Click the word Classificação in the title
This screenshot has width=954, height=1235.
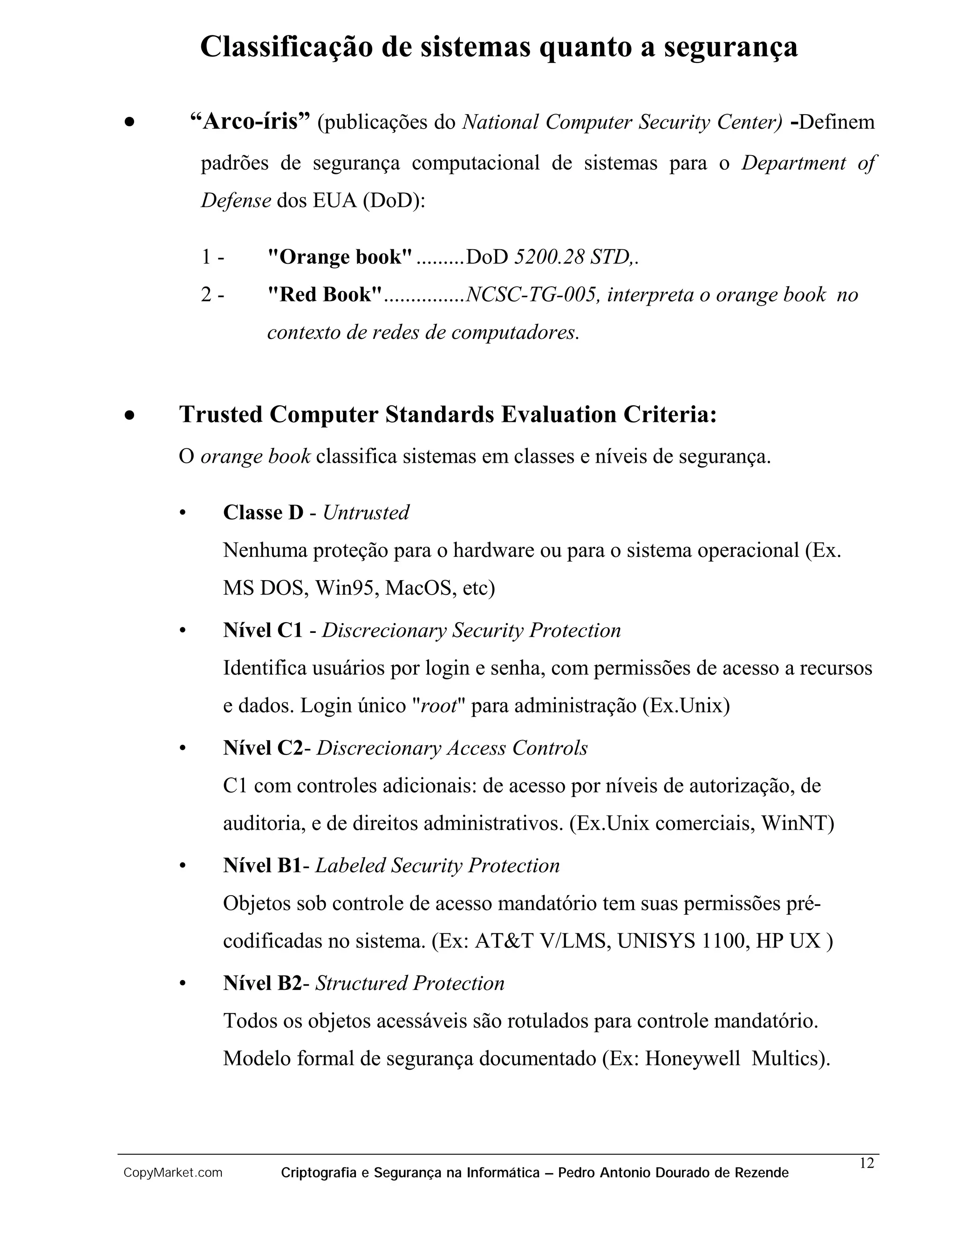click(286, 47)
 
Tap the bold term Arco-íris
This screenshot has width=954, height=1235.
click(250, 122)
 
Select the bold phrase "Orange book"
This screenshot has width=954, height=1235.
click(340, 257)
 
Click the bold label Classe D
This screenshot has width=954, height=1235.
click(263, 512)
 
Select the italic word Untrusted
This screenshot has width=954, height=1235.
click(366, 512)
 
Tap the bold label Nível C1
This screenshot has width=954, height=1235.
click(263, 630)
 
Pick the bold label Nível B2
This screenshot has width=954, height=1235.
click(263, 983)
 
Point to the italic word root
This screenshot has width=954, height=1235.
click(438, 706)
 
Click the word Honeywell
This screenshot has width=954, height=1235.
click(692, 1058)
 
